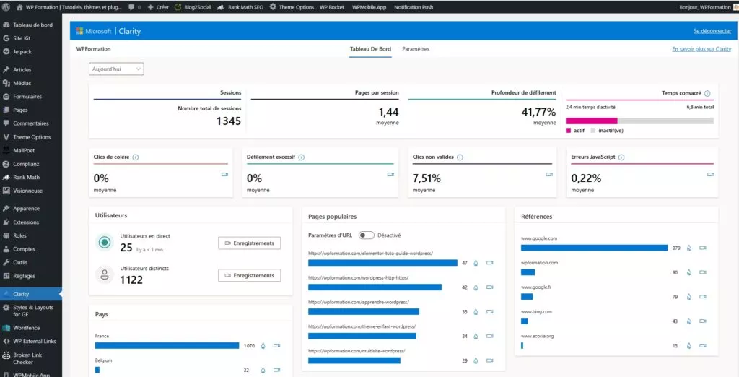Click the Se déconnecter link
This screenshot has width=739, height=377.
[x=712, y=31]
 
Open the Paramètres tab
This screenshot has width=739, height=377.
[x=416, y=49]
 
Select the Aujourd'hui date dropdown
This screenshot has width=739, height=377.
[x=116, y=69]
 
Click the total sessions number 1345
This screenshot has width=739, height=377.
[x=228, y=121]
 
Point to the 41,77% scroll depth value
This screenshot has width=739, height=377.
[x=538, y=112]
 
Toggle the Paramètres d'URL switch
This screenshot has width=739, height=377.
[x=367, y=235]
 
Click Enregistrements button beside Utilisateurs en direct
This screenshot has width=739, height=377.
[x=249, y=243]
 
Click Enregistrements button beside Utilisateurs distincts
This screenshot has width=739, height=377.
[x=249, y=275]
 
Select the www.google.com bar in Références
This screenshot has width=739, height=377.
[x=594, y=248]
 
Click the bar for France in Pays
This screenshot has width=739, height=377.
[x=167, y=346]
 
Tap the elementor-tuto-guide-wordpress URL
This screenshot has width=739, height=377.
[x=370, y=253]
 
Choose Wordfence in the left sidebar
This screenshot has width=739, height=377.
[x=27, y=328]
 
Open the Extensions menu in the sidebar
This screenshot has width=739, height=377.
[x=26, y=222]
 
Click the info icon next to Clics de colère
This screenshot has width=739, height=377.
[x=136, y=157]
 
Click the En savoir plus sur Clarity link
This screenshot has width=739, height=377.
[x=701, y=49]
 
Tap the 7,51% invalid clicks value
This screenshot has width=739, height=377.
[x=426, y=178]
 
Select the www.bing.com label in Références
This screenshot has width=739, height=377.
[x=536, y=312]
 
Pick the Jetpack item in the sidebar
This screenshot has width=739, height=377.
[x=22, y=51]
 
